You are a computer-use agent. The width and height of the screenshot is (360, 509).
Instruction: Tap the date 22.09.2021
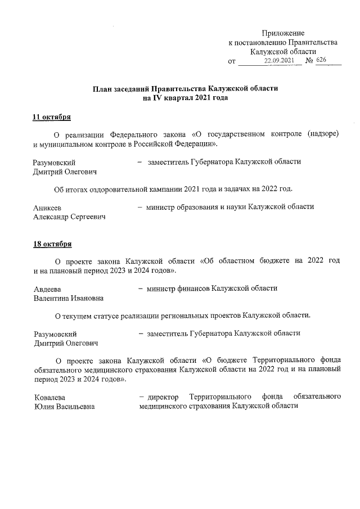click(279, 60)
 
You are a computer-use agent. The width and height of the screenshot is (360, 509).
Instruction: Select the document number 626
click(321, 60)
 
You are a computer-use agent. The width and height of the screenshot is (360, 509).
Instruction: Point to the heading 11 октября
click(52, 117)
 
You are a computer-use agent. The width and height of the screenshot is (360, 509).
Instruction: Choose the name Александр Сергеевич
click(70, 217)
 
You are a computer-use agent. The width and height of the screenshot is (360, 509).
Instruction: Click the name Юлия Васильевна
click(64, 407)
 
